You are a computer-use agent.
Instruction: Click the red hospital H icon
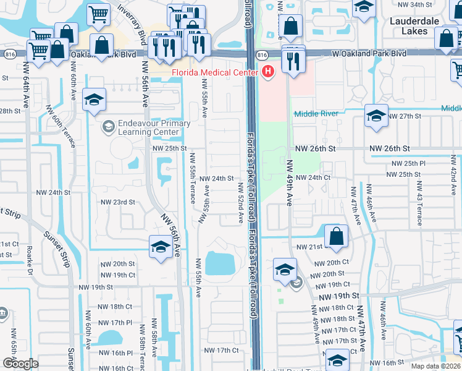(267, 72)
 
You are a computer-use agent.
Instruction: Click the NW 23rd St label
(117, 202)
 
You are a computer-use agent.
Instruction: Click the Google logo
(20, 364)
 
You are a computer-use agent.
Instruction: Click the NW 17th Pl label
(116, 323)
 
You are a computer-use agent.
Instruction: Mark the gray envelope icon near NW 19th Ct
(296, 283)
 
